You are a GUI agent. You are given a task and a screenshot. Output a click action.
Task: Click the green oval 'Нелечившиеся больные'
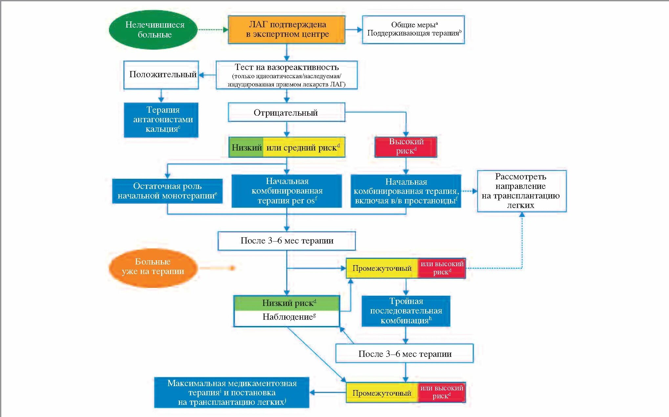pyautogui.click(x=153, y=30)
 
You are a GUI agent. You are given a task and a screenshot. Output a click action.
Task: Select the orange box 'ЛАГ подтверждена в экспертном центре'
pyautogui.click(x=287, y=30)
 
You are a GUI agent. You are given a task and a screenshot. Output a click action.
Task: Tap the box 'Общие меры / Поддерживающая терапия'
pyautogui.click(x=413, y=30)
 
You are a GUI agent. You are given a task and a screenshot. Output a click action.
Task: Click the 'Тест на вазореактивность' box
pyautogui.click(x=287, y=75)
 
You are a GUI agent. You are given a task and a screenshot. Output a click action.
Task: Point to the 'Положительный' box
pyautogui.click(x=161, y=75)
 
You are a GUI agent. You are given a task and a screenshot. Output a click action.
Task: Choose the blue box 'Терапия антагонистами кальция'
pyautogui.click(x=161, y=120)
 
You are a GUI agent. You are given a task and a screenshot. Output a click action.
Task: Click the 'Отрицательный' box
pyautogui.click(x=287, y=112)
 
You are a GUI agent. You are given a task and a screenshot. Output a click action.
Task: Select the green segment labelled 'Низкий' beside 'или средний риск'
pyautogui.click(x=246, y=147)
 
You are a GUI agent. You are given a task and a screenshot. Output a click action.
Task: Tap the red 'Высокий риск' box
pyautogui.click(x=406, y=147)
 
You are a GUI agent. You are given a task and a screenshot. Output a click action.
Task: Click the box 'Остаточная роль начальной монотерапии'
pyautogui.click(x=167, y=191)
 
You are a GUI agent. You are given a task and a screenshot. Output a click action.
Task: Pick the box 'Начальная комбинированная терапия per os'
pyautogui.click(x=287, y=191)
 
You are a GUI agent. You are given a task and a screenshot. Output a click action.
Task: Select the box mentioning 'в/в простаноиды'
pyautogui.click(x=406, y=191)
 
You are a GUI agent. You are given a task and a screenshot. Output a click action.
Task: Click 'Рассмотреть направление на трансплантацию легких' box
pyautogui.click(x=522, y=191)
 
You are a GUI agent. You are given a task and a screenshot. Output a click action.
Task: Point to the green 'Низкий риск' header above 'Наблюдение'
pyautogui.click(x=287, y=303)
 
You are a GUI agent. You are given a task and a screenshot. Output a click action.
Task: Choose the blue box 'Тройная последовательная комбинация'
pyautogui.click(x=406, y=311)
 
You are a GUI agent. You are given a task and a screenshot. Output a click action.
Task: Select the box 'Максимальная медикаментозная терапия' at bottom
pyautogui.click(x=232, y=392)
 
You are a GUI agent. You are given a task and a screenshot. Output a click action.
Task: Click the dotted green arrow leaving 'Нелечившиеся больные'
pyautogui.click(x=213, y=30)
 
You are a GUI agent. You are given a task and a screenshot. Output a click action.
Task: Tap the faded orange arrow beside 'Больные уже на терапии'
pyautogui.click(x=217, y=268)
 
